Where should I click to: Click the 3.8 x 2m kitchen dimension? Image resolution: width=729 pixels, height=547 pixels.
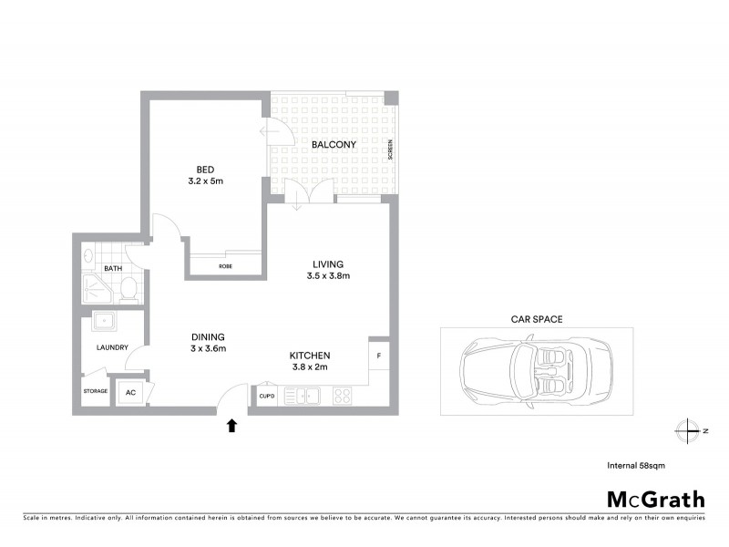(x=309, y=366)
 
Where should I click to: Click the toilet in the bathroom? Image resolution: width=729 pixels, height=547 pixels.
(x=128, y=291)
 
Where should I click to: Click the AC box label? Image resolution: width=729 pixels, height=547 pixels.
(x=130, y=392)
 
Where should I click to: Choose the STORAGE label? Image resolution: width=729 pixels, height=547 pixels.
(x=96, y=391)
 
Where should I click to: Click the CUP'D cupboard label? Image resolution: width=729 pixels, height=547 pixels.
(x=267, y=396)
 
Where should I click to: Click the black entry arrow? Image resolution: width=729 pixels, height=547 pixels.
(x=232, y=424)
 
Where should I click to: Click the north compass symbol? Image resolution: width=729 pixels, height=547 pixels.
(x=686, y=429)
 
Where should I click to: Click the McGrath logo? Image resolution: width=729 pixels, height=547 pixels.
(x=656, y=499)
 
